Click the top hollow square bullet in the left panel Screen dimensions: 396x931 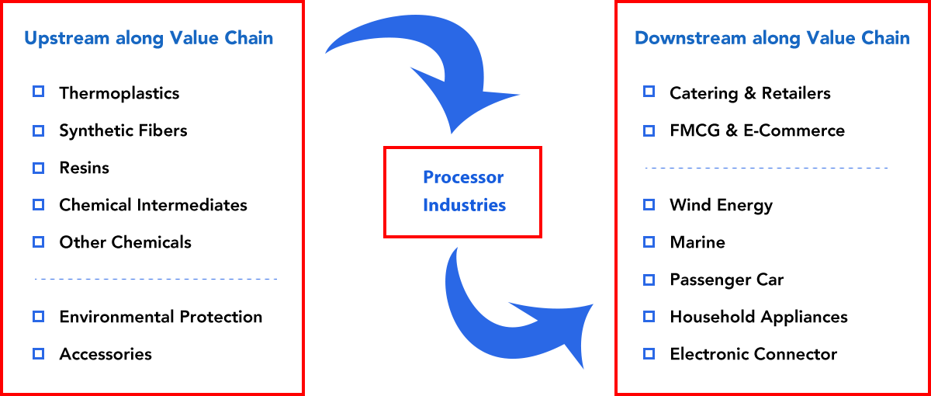38,91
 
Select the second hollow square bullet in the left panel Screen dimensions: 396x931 38,130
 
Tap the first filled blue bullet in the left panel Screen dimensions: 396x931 38,168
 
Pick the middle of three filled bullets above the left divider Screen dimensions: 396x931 38,204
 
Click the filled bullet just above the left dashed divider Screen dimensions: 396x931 38,241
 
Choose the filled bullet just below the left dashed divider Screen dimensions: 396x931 38,316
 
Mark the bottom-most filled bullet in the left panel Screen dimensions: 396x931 38,353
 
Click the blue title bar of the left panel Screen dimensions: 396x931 148,39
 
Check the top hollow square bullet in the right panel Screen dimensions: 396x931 649,91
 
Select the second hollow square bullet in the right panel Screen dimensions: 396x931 649,130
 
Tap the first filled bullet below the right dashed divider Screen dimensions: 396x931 649,204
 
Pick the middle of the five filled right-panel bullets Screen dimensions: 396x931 649,280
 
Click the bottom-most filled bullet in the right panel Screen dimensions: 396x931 649,353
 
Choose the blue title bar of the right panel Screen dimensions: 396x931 750,39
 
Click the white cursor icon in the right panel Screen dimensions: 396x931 848,354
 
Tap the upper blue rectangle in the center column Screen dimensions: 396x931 423,68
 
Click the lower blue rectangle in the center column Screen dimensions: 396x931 509,321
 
